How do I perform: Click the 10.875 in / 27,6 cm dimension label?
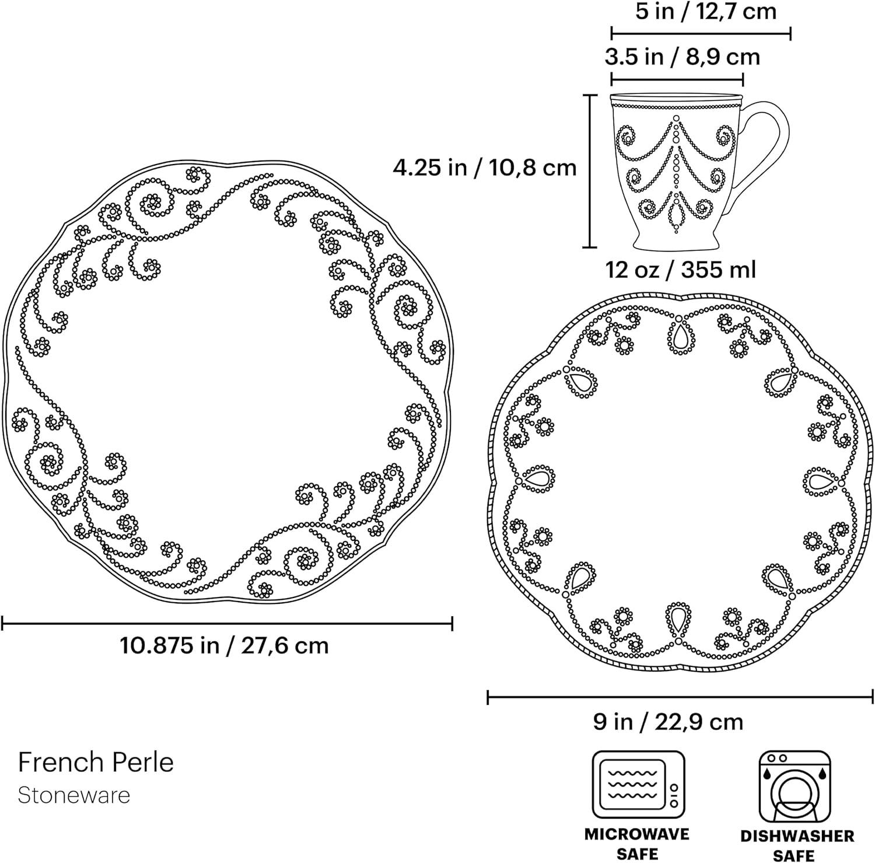[x=225, y=646]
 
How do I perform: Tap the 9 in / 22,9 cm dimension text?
[x=668, y=722]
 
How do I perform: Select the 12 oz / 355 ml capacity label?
[x=681, y=270]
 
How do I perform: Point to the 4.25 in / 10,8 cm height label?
[x=484, y=167]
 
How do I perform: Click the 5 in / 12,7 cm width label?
[x=706, y=11]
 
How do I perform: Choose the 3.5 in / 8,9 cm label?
[x=682, y=57]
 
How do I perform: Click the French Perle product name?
[x=96, y=762]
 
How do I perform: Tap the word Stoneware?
[x=74, y=795]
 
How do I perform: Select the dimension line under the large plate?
[x=227, y=624]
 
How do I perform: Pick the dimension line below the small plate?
[x=680, y=696]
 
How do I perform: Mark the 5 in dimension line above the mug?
[x=701, y=33]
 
